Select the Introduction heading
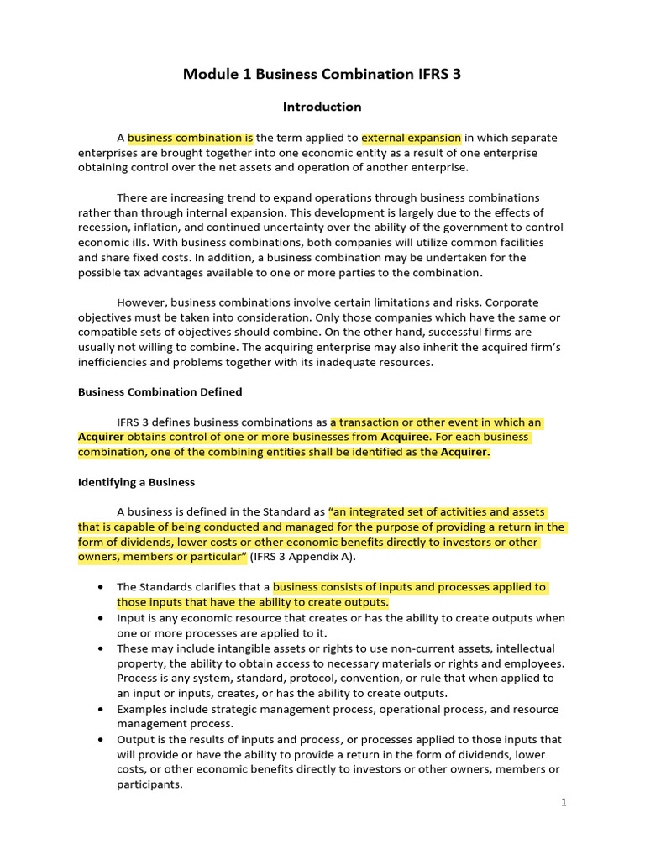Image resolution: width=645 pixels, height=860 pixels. coord(322,107)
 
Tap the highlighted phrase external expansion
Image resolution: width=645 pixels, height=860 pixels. coord(412,138)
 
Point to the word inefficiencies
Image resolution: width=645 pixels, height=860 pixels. coord(117,363)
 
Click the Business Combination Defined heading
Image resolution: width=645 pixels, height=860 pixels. coord(160,391)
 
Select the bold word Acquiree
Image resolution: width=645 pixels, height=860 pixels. coord(406,437)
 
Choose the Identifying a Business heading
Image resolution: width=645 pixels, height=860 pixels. coord(136,482)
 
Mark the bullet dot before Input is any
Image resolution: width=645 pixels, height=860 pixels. coord(101,618)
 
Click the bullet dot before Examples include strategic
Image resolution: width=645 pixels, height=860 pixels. coord(101,710)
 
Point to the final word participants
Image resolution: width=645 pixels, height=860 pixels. coord(149,784)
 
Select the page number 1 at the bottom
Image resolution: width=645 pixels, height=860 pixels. coord(564,803)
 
